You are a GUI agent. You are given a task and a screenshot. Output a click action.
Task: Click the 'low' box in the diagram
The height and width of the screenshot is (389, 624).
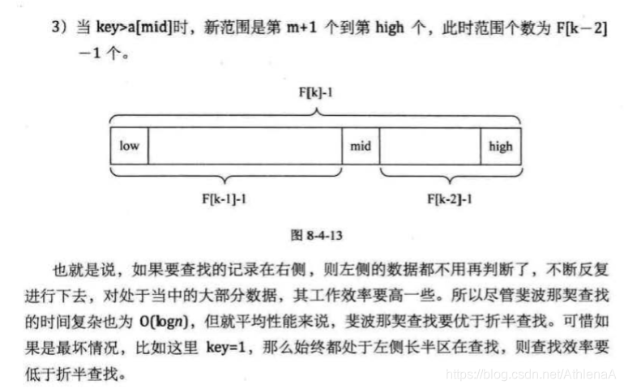click(130, 147)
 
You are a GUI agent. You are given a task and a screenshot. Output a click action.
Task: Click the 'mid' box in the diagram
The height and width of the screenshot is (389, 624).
click(360, 147)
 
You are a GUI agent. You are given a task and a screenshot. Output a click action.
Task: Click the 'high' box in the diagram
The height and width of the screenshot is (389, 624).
click(500, 147)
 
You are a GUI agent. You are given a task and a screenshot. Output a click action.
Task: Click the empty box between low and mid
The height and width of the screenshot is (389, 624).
click(245, 147)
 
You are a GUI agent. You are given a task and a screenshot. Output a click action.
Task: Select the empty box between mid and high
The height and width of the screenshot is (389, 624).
click(430, 147)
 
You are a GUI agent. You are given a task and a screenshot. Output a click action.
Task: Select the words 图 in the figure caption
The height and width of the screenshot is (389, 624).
click(296, 235)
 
